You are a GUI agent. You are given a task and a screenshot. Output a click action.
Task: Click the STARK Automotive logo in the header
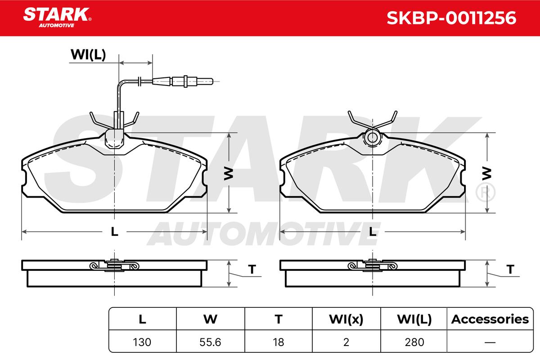tap(57, 18)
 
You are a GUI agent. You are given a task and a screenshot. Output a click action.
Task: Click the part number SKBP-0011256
tap(451, 18)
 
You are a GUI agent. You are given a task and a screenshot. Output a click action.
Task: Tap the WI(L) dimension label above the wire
tap(88, 55)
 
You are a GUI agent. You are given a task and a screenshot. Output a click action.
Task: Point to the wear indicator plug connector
tap(183, 81)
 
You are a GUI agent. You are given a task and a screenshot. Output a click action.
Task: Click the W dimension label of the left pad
tap(229, 173)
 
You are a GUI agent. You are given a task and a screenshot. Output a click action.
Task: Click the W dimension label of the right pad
tap(487, 173)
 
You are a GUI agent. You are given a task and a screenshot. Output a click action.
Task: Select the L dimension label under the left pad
tap(114, 232)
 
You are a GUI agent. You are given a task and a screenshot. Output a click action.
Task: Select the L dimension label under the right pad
tap(373, 232)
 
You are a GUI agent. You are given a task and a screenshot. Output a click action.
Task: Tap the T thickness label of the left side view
tap(252, 270)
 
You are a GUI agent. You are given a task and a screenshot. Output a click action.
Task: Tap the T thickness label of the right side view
tap(510, 270)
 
